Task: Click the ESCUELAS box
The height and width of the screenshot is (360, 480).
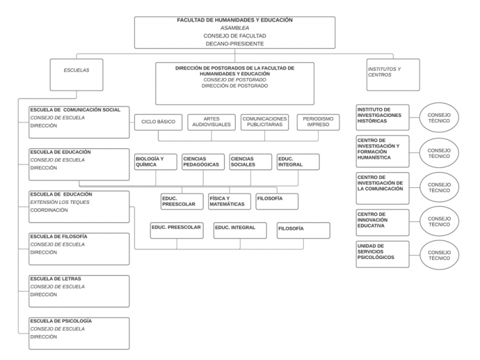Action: (77, 75)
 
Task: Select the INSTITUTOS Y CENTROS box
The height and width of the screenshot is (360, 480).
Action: (393, 75)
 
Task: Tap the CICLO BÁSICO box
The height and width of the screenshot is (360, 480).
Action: (158, 122)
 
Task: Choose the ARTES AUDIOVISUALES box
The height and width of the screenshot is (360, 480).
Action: (212, 122)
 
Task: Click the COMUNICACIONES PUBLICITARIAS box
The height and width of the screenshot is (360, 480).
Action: (265, 122)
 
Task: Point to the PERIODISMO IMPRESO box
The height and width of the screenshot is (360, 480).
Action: (318, 122)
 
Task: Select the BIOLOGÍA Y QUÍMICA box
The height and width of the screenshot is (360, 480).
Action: (156, 162)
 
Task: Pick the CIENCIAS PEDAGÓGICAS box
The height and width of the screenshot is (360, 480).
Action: (204, 162)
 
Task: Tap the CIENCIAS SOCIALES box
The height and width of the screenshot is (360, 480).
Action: (251, 162)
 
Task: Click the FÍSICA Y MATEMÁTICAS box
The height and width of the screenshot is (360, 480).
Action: (230, 201)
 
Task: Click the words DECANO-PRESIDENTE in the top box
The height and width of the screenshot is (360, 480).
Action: (235, 43)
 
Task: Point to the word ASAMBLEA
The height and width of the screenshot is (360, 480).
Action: (235, 28)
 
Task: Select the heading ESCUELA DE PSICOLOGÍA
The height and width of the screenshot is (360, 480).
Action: (61, 321)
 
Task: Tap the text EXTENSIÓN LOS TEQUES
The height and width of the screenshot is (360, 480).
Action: (60, 202)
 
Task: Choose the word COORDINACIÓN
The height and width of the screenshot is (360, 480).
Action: (49, 210)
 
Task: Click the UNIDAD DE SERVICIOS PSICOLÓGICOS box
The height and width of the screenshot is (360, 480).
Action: (383, 254)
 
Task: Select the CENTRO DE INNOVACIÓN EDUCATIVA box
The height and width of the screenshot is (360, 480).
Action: (383, 223)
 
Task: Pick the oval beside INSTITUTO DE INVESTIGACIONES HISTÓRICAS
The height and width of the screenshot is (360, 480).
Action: (439, 118)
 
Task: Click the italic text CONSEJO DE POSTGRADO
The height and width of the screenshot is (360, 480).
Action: (235, 80)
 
